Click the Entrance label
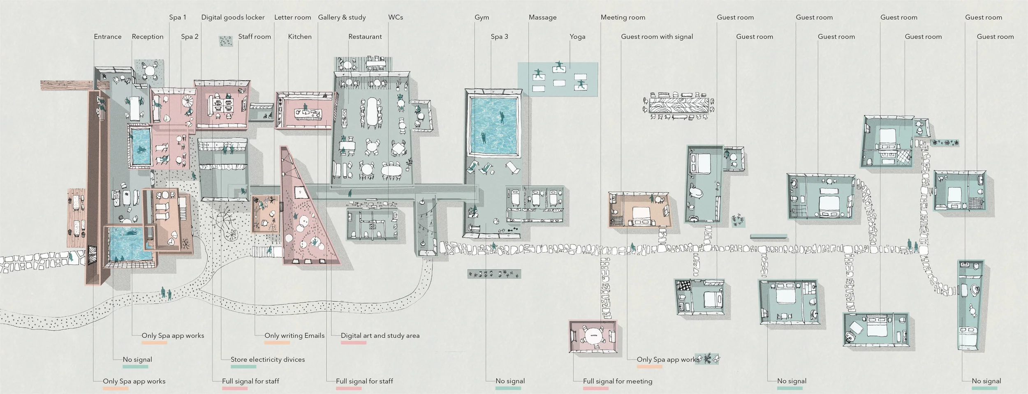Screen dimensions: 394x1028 (x=108, y=37)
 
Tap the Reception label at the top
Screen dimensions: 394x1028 (x=148, y=37)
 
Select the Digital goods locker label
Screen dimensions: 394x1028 (x=233, y=17)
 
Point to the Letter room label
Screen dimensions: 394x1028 (x=292, y=17)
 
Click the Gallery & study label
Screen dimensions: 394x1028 (x=342, y=17)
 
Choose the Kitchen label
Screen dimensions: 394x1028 (x=300, y=37)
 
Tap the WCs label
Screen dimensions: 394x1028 (x=396, y=17)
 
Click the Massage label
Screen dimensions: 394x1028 (x=542, y=17)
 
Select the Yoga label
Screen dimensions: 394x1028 (x=577, y=37)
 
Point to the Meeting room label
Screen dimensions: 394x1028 (x=623, y=17)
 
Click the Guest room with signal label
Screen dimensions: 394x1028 (x=657, y=37)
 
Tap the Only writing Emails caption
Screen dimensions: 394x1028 (x=294, y=336)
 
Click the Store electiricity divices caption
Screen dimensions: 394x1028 (x=268, y=359)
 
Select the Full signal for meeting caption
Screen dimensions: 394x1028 (x=618, y=381)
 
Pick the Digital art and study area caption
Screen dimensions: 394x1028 (x=380, y=336)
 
